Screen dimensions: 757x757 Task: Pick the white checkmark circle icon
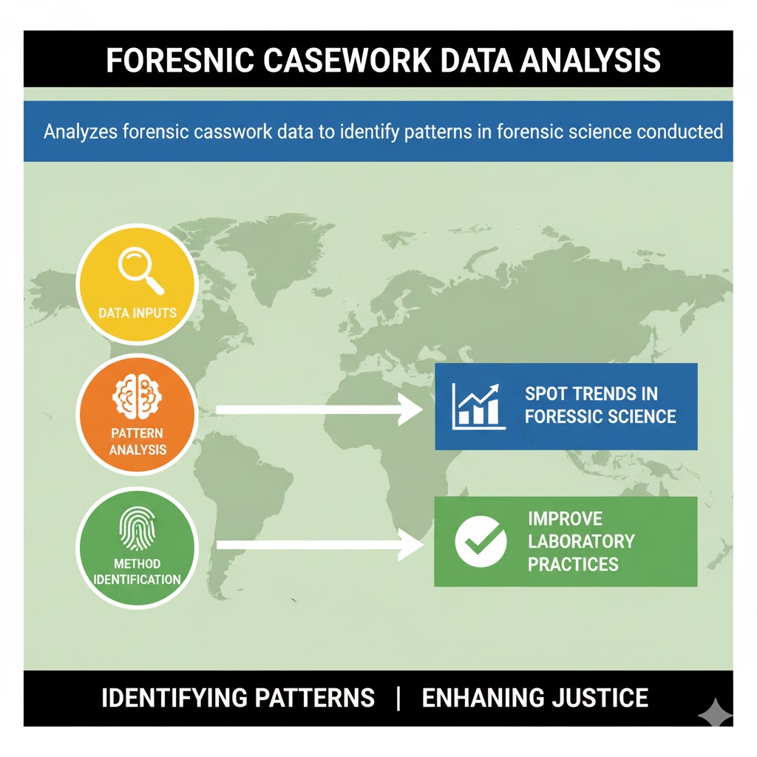tap(481, 541)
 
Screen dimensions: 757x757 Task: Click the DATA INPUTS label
tap(138, 312)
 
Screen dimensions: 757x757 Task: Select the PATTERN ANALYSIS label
tap(138, 441)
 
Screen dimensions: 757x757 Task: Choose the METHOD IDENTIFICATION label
tap(138, 571)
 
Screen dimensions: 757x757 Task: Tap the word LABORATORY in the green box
tap(581, 541)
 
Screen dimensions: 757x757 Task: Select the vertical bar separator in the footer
tap(398, 698)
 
